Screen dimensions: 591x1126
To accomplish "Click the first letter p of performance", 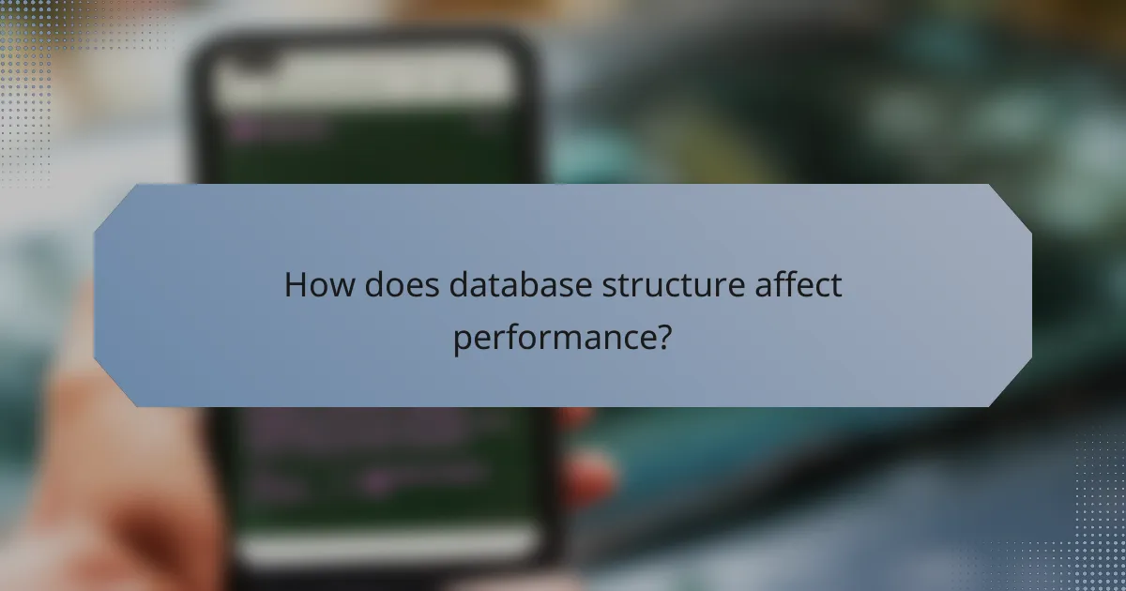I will point(461,339).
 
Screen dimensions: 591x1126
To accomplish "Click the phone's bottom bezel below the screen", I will point(375,563).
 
